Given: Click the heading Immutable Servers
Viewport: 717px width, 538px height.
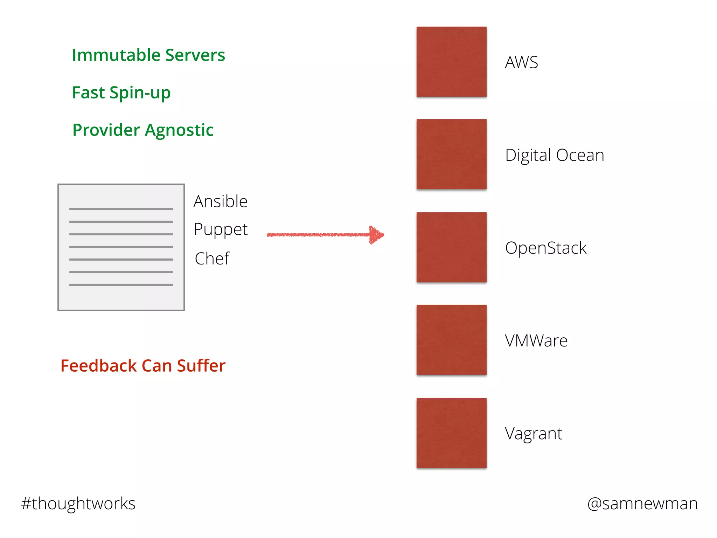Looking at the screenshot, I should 148,55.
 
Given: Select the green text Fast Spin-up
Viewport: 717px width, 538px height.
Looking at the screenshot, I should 121,93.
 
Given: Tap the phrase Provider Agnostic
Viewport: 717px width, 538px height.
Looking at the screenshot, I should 143,130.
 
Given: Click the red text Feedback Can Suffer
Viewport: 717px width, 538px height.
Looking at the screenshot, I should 143,366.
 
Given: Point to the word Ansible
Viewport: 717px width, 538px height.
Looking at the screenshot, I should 221,201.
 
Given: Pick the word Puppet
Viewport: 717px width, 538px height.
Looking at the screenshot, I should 221,230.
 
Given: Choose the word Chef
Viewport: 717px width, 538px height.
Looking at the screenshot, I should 212,258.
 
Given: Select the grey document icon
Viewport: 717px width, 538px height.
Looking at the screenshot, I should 121,247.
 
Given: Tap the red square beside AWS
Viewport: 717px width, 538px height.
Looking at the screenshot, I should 451,62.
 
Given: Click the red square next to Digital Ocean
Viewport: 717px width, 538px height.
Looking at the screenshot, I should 451,154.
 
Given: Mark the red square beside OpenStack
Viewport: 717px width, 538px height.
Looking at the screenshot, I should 451,247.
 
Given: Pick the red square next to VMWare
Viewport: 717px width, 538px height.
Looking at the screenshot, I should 451,340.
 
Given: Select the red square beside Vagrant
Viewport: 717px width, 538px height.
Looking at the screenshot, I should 451,433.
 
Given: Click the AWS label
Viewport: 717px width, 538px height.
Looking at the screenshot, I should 521,62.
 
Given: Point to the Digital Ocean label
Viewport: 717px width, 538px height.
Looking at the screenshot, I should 555,155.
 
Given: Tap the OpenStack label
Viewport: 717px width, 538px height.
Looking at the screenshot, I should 545,248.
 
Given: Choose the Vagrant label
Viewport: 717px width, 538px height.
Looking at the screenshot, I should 534,434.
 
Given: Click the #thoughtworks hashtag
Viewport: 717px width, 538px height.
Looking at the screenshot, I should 78,504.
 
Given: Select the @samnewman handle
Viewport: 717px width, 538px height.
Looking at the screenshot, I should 642,504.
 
